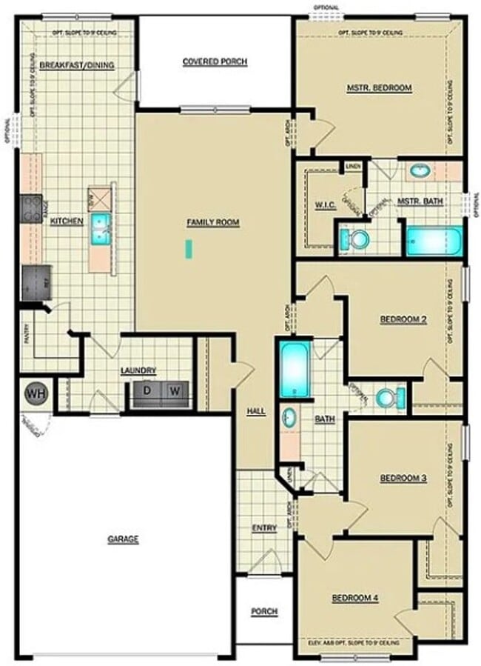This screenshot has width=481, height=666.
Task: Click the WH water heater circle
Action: point(35,393)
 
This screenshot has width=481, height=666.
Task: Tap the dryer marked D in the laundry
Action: point(148,390)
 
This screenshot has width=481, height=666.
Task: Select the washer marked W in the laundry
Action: point(175,390)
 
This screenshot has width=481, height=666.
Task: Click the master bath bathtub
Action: point(434,242)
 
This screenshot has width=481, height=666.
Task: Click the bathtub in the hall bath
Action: point(295,368)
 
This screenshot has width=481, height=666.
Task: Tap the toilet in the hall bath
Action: point(389,398)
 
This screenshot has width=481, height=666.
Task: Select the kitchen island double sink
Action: point(100,229)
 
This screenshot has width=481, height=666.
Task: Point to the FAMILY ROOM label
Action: point(213,222)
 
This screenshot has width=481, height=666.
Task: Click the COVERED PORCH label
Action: point(215,61)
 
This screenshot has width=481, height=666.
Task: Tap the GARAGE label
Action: point(123,539)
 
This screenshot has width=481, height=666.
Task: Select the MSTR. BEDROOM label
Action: point(379,87)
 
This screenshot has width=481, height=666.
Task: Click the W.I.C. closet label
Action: point(325,204)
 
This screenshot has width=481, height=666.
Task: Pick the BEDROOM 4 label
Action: point(355,597)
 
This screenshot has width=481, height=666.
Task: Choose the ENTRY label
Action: point(264,527)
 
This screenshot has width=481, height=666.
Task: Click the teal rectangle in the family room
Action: point(189,249)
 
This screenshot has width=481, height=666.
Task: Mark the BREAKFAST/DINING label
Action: point(77,65)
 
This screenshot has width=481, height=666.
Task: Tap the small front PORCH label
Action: point(264,611)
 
